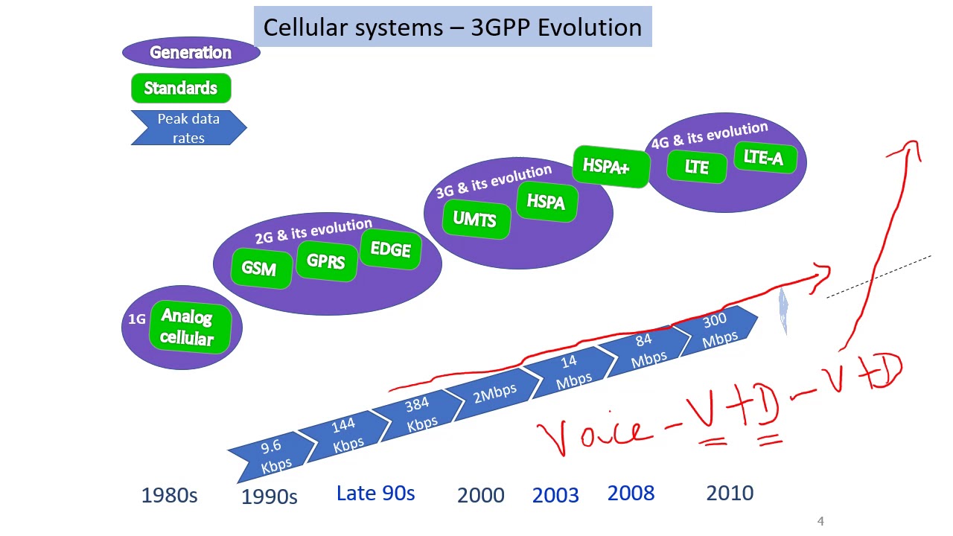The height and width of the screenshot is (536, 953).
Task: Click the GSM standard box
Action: coord(259,268)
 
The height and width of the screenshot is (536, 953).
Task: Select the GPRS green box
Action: coord(325,261)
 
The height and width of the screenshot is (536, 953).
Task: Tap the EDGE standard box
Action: coord(390,249)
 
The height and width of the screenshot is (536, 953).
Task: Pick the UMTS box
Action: coord(474,219)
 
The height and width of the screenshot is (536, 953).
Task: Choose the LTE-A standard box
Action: coord(763,158)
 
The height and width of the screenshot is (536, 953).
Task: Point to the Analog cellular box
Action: coord(187,328)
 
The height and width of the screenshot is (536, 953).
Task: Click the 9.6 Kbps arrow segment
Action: coord(271,456)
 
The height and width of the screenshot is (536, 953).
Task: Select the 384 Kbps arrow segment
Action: coord(419,413)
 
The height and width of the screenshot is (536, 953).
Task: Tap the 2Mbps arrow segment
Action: coord(495,392)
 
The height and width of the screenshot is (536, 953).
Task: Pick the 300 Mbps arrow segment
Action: coord(718,330)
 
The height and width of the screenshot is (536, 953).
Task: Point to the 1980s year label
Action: coord(169,495)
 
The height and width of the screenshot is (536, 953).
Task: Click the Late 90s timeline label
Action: coord(375,493)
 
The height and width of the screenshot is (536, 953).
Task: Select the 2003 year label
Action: coord(555,495)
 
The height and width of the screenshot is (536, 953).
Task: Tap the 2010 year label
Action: coord(730,493)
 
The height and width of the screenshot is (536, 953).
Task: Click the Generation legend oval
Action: coord(191,53)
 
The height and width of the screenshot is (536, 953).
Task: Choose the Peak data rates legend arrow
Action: coord(188,128)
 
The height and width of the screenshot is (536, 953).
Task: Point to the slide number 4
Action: coord(820,521)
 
